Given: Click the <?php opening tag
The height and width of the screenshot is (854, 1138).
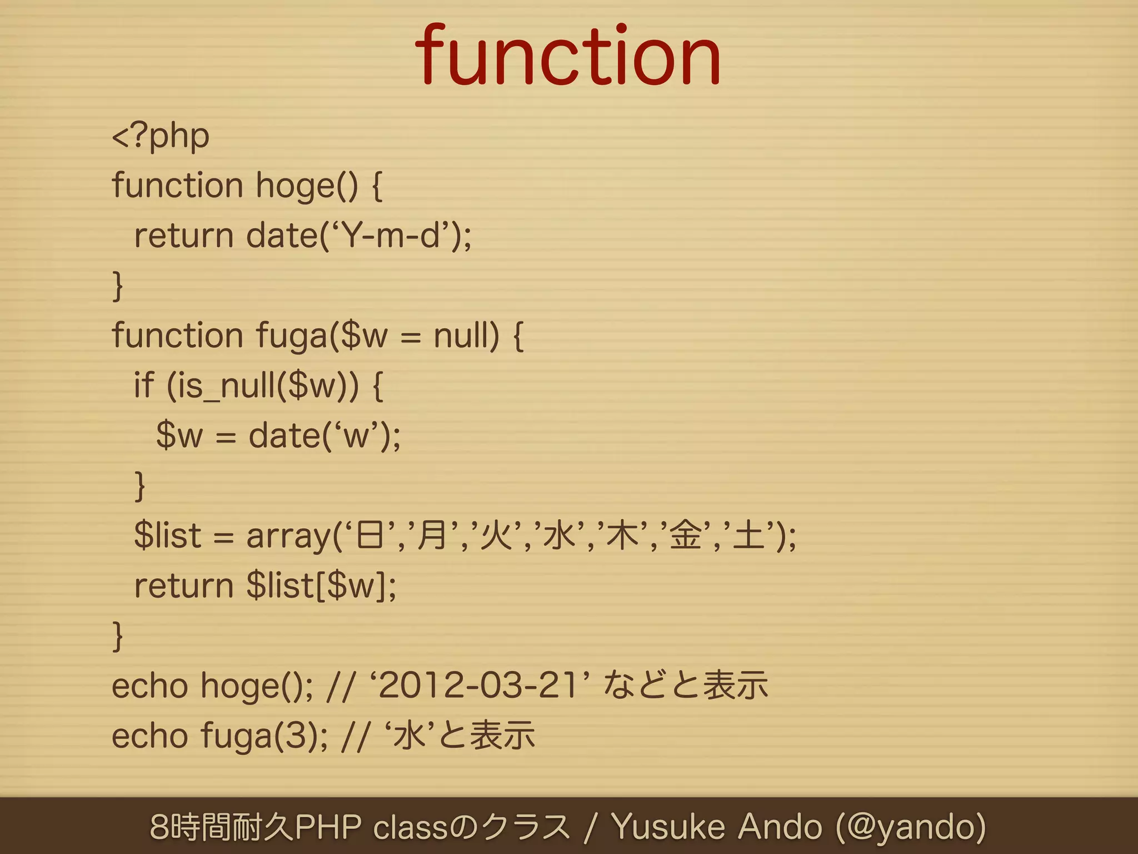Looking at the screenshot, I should click(x=161, y=136).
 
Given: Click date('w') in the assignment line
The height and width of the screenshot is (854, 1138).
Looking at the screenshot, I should click(x=323, y=436).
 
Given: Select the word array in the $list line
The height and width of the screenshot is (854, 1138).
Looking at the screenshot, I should click(x=288, y=536).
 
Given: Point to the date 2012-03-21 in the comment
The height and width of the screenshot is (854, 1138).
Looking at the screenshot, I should click(x=478, y=686).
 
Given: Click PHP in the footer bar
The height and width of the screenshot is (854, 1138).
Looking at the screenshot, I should click(x=328, y=827).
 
